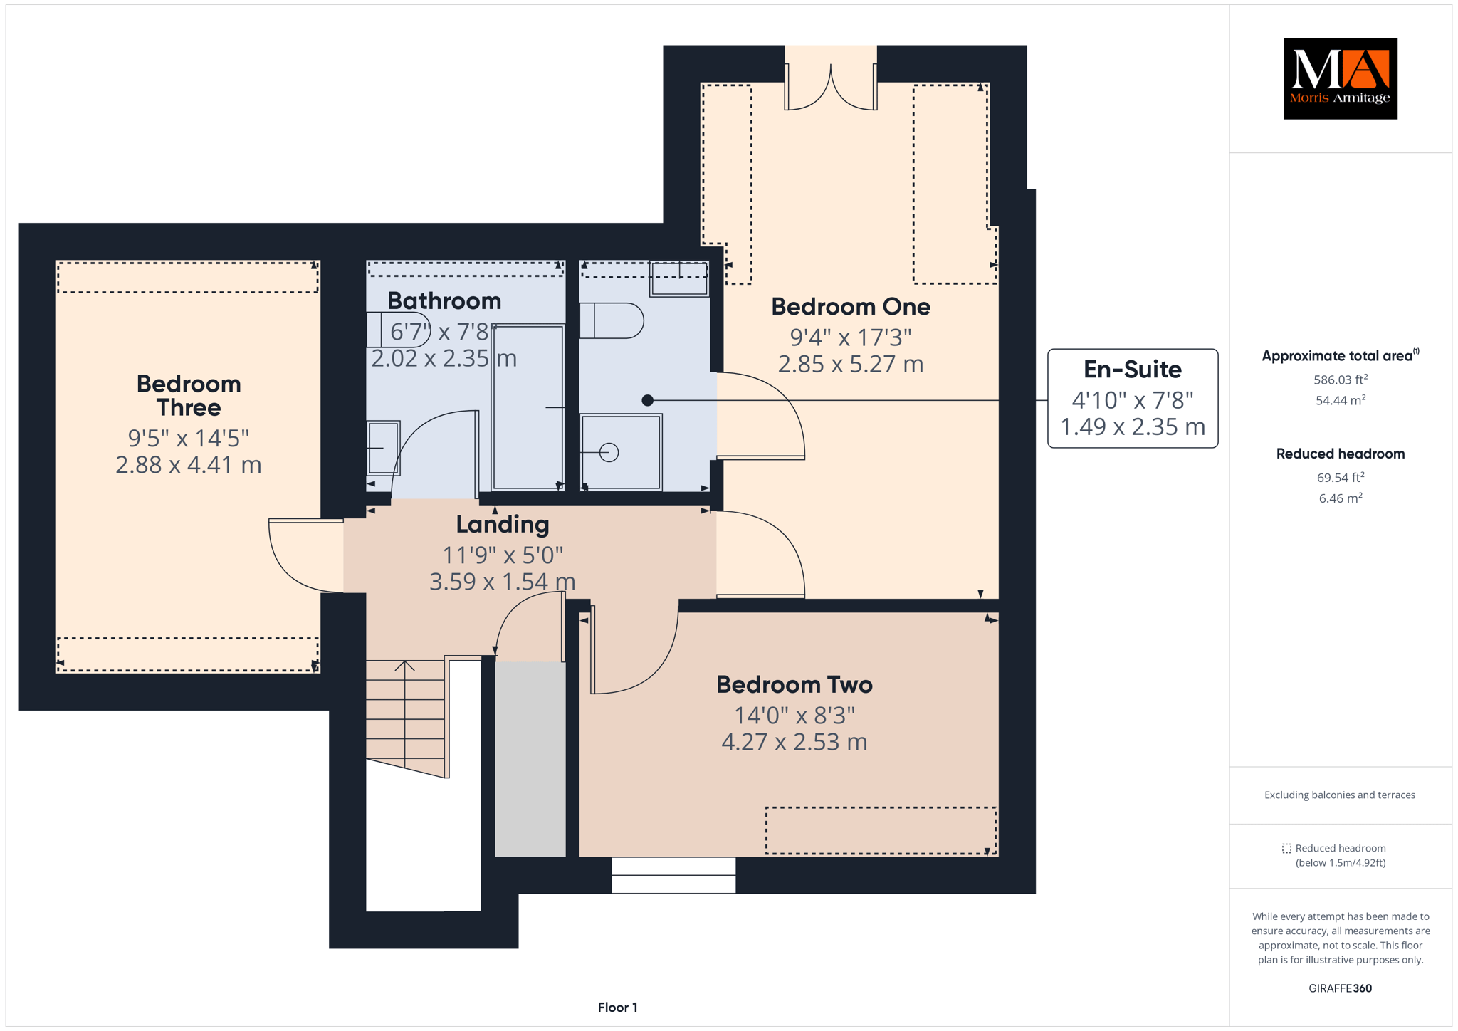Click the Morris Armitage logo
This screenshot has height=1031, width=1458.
[x=1340, y=78]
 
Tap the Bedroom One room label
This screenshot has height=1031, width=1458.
[x=851, y=307]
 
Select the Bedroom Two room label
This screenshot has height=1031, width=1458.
[x=794, y=684]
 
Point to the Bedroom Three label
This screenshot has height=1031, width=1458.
[x=189, y=395]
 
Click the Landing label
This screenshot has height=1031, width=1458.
[x=503, y=525]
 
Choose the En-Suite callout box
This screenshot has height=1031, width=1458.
[x=1133, y=398]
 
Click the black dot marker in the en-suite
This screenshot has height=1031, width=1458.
[x=647, y=400]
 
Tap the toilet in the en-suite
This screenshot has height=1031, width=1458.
[x=612, y=320]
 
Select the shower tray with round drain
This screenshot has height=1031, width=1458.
[x=622, y=452]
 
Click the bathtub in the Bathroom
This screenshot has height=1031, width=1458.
[x=528, y=407]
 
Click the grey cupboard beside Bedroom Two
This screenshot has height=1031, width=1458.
[x=530, y=759]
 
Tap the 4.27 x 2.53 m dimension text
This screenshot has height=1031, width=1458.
[x=794, y=742]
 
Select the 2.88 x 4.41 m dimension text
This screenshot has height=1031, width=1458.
[x=189, y=465]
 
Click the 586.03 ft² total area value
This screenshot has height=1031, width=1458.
[x=1341, y=380]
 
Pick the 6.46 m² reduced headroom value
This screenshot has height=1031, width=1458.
[x=1341, y=498]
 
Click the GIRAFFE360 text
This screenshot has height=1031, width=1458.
[x=1341, y=988]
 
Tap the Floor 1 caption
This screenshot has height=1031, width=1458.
[x=618, y=1008]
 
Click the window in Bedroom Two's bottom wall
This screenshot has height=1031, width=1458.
[x=673, y=875]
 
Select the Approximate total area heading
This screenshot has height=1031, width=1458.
[x=1341, y=355]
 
